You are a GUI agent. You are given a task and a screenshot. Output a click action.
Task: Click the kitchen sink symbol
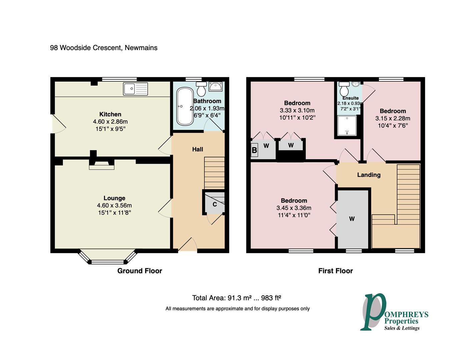[x=135, y=89]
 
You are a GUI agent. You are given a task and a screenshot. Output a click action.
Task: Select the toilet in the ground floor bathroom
[x=201, y=89]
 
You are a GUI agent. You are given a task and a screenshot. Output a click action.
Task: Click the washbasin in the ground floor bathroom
[x=215, y=87]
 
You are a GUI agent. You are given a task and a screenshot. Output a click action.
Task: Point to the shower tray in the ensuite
[x=347, y=125]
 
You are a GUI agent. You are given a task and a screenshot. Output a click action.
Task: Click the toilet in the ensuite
[x=344, y=89]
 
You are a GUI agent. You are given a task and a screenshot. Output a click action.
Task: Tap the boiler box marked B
[x=254, y=150]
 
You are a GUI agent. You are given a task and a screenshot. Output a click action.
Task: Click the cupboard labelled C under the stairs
[x=214, y=204]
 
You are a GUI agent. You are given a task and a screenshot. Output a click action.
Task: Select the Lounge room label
[x=114, y=198]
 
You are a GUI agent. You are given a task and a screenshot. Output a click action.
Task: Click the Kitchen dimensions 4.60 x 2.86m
[x=110, y=122]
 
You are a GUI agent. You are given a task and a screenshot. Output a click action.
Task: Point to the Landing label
[x=369, y=175]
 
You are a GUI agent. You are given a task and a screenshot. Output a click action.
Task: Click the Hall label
[x=197, y=149]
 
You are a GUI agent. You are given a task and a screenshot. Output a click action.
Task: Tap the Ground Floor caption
[x=139, y=271]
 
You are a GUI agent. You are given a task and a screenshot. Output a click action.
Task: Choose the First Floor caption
[x=335, y=271]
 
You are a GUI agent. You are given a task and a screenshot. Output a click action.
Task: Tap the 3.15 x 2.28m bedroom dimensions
[x=393, y=118]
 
